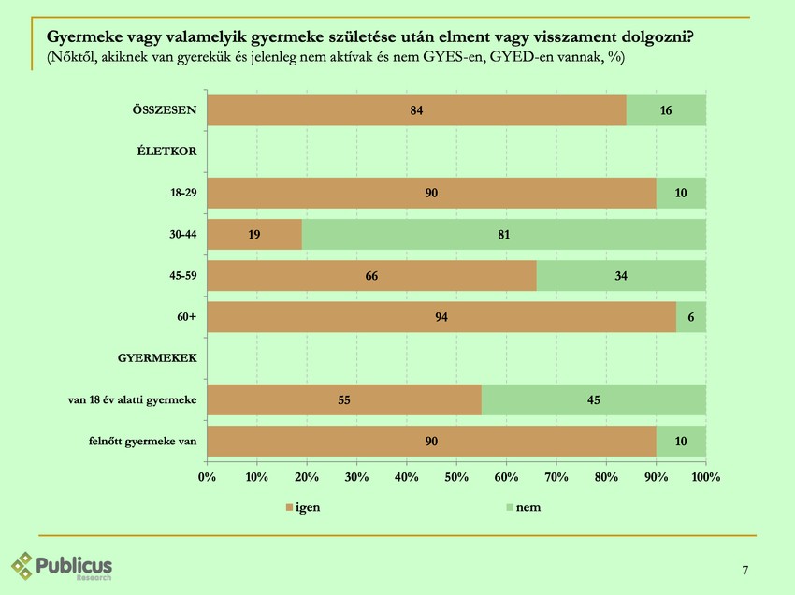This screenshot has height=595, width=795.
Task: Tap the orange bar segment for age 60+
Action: (x=441, y=317)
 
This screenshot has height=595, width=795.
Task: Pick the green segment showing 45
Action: (x=593, y=400)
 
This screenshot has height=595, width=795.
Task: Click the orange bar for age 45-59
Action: (x=371, y=276)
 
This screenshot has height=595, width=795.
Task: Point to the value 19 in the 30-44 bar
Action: (x=254, y=235)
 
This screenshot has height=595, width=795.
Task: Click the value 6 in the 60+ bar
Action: (x=690, y=317)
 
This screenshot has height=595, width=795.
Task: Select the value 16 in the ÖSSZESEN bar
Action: (x=666, y=110)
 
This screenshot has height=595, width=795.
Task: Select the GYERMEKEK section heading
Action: (x=157, y=358)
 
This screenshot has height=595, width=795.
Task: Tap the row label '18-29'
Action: (x=182, y=193)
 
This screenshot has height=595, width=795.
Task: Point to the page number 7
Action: (x=744, y=571)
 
